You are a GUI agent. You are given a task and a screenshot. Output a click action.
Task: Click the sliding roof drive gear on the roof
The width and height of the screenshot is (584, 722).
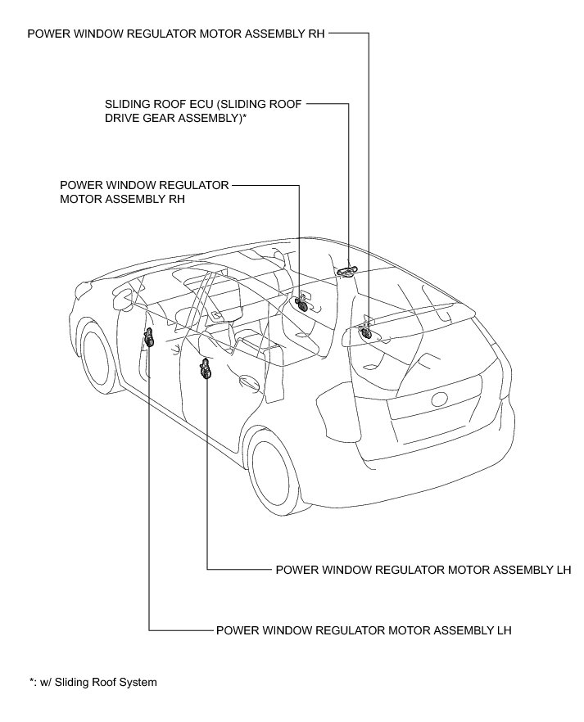click(350, 270)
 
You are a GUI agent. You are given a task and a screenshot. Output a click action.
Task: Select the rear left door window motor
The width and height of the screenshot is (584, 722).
click(206, 369)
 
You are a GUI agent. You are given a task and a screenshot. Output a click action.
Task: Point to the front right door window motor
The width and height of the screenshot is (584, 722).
click(301, 305)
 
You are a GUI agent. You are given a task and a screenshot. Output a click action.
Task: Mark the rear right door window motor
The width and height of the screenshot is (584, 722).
click(365, 332)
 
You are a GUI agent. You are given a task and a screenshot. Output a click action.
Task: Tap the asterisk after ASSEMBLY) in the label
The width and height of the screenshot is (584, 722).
click(245, 118)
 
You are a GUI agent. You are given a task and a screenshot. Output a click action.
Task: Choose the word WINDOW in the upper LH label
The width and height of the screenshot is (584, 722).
click(336, 569)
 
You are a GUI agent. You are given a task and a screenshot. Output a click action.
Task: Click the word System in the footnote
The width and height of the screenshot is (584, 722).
click(139, 682)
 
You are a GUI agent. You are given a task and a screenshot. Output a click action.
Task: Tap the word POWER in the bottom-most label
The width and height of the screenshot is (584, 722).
click(235, 631)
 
